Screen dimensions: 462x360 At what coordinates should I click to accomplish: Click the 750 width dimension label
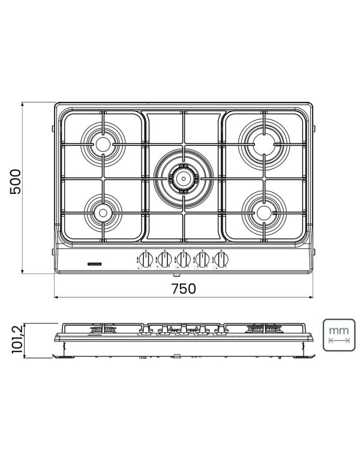click(183, 289)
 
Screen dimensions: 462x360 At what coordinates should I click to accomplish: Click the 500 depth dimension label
click(15, 181)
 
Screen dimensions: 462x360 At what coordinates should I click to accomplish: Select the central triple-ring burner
click(183, 177)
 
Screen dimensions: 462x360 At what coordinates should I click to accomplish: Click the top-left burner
click(103, 143)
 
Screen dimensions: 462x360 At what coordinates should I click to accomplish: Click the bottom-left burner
click(103, 212)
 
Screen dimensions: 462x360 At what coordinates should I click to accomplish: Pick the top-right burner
click(263, 143)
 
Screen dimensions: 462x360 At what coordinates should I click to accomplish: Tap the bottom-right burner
click(263, 211)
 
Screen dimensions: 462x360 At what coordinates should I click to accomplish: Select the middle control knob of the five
click(184, 260)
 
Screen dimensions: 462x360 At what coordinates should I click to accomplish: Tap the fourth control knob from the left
click(203, 260)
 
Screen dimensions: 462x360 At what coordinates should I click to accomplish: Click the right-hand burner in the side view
click(263, 328)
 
